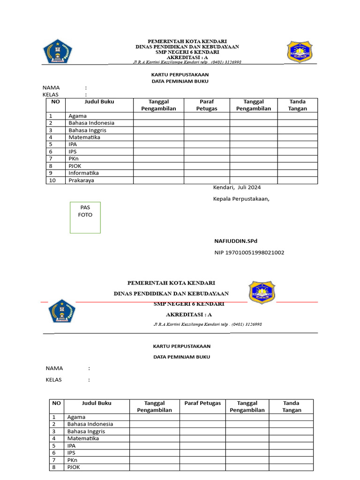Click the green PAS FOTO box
(85, 217)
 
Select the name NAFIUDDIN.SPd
(236, 241)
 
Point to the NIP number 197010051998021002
(248, 253)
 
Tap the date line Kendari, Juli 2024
(237, 187)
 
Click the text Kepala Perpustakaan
(241, 199)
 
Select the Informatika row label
(83, 173)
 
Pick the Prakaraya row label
(81, 180)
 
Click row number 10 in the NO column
(52, 180)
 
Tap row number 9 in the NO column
(51, 173)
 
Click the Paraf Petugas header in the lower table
(202, 403)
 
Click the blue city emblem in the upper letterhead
(58, 52)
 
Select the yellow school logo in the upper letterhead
(300, 52)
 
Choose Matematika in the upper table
(84, 137)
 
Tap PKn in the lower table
(73, 460)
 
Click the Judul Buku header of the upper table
(99, 102)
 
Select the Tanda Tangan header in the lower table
(291, 406)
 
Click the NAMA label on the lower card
(54, 368)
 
